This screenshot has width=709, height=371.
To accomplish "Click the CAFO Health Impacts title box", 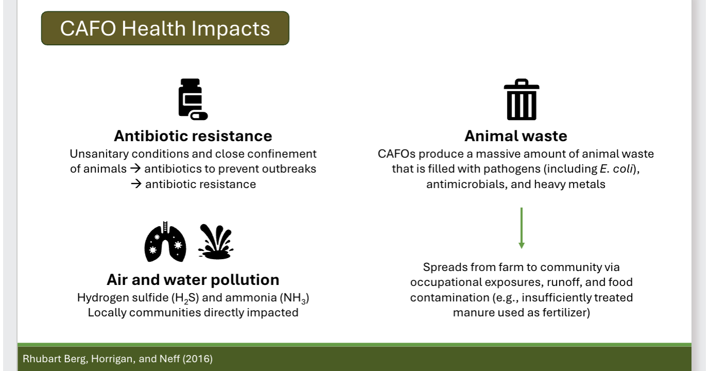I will [165, 28].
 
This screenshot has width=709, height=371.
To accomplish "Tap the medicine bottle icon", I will [192, 99].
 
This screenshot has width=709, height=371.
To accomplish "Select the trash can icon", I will [521, 99].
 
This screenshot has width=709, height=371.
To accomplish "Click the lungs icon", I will [164, 241].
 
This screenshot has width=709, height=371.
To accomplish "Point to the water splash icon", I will [215, 241].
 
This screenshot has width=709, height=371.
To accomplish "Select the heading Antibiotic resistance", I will [193, 136].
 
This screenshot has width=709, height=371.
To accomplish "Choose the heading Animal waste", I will [515, 136].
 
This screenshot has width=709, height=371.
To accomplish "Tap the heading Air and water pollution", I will [193, 280].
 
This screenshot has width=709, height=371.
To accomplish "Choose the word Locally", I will [107, 312].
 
